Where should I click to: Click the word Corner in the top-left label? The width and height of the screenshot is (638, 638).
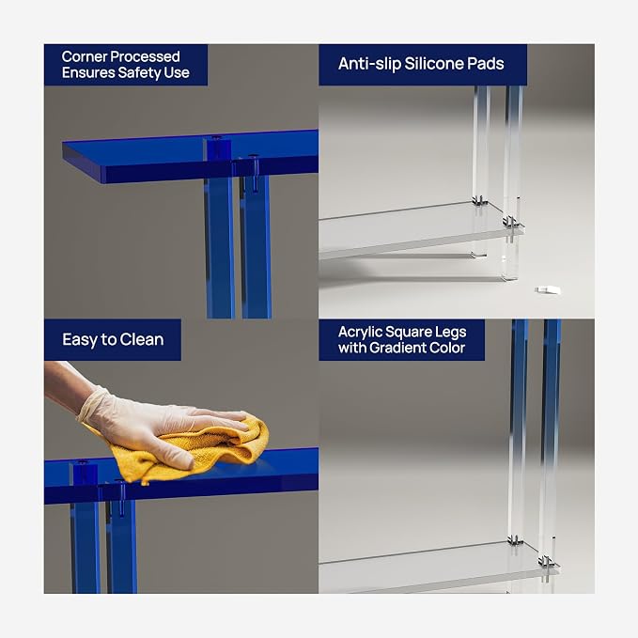coord(85,56)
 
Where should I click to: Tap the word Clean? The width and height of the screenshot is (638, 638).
coord(142,339)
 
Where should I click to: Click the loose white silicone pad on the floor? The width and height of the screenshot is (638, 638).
coord(548,289)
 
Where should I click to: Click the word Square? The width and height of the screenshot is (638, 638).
coord(406,333)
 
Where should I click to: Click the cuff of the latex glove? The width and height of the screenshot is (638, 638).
coord(90,404)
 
